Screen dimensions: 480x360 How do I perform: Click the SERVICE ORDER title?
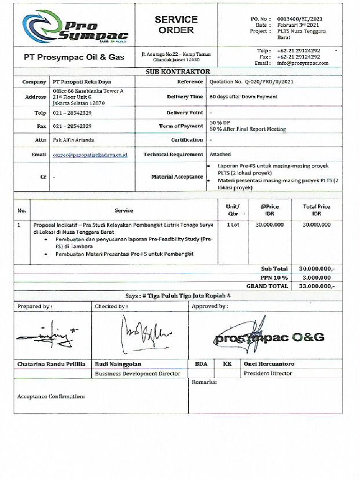click(176, 25)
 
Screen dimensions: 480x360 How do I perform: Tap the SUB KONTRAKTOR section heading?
click(178, 72)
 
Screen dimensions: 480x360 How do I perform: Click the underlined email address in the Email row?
click(90, 154)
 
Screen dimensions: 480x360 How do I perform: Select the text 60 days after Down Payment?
click(243, 97)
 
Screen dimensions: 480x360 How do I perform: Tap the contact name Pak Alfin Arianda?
click(73, 140)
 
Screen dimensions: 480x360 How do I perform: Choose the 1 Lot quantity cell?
click(233, 225)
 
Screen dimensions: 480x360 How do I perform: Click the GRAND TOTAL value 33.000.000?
click(317, 286)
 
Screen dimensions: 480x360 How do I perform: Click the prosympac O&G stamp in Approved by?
click(269, 336)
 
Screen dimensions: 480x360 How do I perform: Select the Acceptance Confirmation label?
click(51, 397)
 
